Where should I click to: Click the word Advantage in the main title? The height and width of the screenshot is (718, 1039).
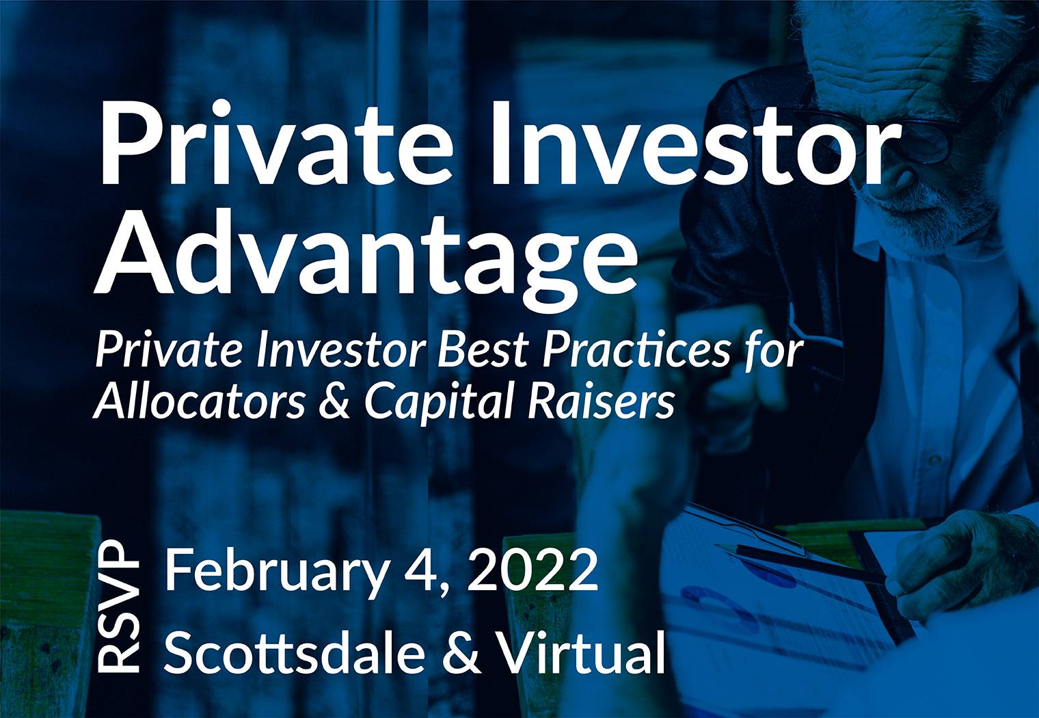point(366,255)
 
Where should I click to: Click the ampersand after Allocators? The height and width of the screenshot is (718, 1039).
point(334,401)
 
